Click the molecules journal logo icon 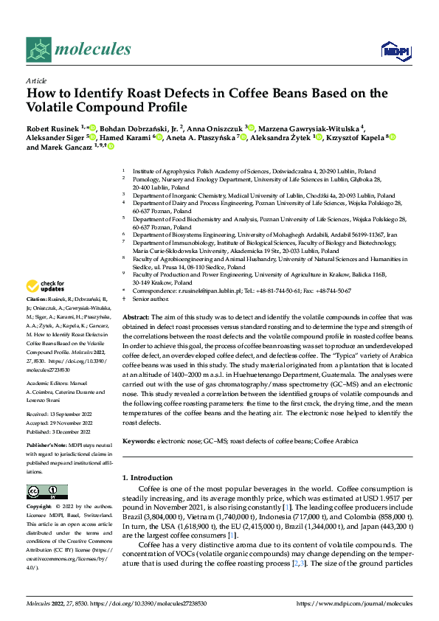click(x=39, y=49)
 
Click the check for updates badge click(x=46, y=285)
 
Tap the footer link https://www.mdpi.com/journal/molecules click(x=354, y=603)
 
